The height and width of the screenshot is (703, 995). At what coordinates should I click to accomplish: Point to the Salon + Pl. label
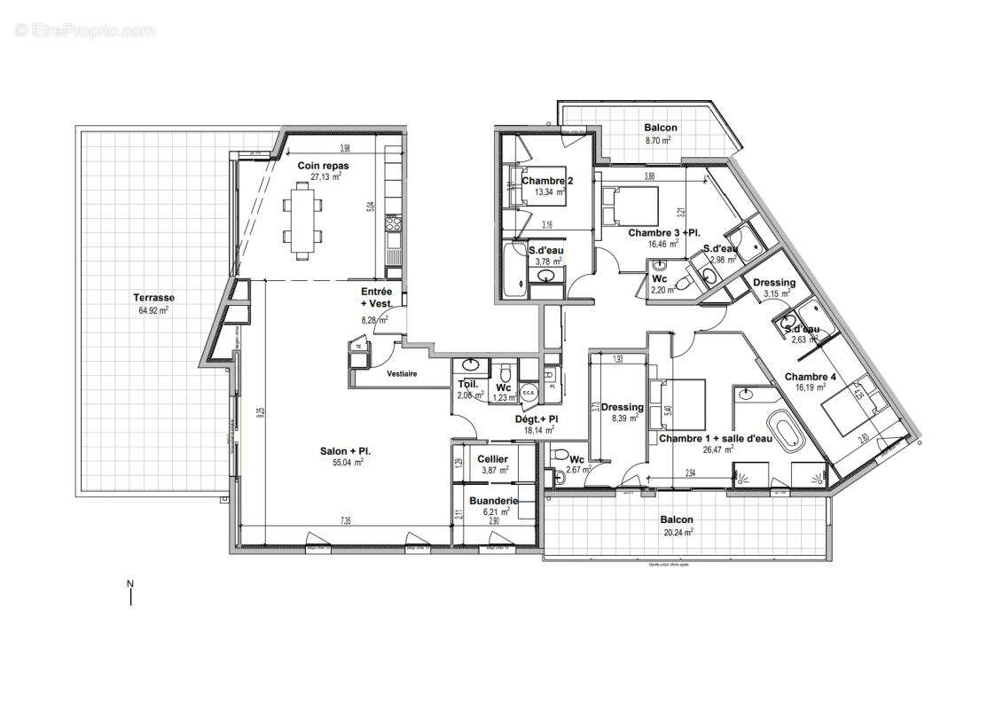[346, 451]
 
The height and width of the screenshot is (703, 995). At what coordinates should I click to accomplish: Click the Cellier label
[492, 458]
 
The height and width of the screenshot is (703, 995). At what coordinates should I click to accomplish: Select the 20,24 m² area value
[677, 532]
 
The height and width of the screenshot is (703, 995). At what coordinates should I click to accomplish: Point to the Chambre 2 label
[547, 182]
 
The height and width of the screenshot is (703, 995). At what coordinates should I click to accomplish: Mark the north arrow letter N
[129, 583]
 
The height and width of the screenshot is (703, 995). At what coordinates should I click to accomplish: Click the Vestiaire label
[402, 373]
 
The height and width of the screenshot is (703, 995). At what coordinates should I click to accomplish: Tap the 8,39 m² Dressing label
[622, 408]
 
